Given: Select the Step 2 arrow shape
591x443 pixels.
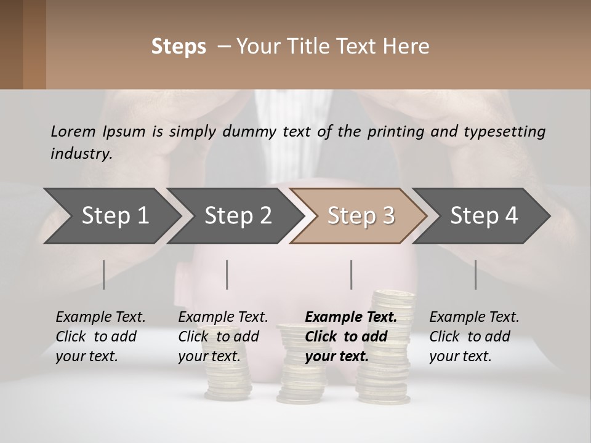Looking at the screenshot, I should click(237, 216).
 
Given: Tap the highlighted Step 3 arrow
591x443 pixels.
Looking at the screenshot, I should click(360, 216).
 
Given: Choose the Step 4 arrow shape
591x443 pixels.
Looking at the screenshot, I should click(483, 216).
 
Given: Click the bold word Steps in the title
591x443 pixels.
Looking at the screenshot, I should click(179, 47).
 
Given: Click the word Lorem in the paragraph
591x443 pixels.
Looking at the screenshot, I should click(73, 131).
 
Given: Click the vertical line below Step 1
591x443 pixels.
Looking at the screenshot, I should click(103, 274).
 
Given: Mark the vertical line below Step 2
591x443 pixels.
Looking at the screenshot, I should click(227, 274).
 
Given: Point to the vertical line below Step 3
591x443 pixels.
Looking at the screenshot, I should click(351, 274).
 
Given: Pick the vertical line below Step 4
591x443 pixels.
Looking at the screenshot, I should click(475, 274).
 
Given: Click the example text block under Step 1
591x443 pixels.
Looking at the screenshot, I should click(100, 337).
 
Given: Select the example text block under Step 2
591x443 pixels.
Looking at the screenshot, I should click(223, 337).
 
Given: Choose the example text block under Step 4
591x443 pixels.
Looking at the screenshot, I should click(474, 337).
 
